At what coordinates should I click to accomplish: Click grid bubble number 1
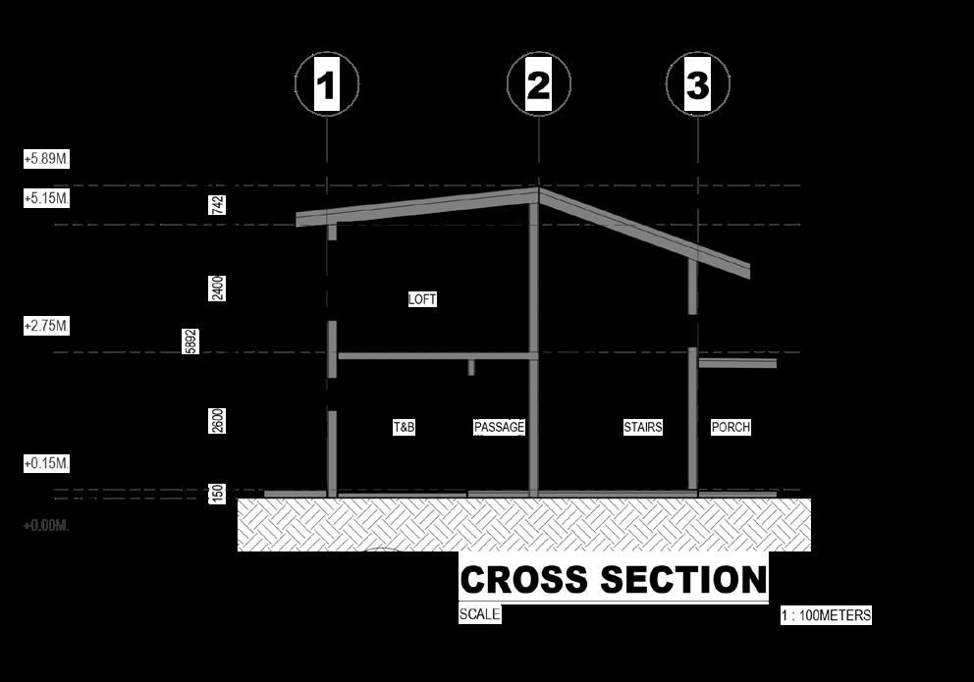[326, 85]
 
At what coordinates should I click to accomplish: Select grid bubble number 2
[538, 85]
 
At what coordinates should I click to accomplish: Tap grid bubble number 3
[697, 85]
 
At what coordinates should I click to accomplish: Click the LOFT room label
[422, 299]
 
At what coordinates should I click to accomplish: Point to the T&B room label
[404, 428]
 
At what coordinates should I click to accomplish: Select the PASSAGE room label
[499, 428]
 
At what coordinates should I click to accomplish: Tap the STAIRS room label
[643, 428]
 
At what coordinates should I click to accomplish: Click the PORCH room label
[730, 428]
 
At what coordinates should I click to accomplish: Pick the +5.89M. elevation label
[46, 158]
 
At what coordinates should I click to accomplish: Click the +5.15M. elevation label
[46, 198]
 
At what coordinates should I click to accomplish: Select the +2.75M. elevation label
[46, 326]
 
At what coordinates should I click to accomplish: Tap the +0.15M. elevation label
[46, 463]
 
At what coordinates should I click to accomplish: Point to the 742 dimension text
[217, 204]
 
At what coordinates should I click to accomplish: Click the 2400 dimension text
[217, 288]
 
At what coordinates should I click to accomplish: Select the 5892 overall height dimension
[190, 341]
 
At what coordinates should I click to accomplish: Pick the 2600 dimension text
[217, 420]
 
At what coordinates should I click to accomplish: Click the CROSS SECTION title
[613, 579]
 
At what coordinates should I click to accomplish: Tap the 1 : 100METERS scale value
[826, 616]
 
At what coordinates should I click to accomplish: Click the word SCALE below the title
[479, 615]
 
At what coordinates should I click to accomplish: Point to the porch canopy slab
[736, 363]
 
